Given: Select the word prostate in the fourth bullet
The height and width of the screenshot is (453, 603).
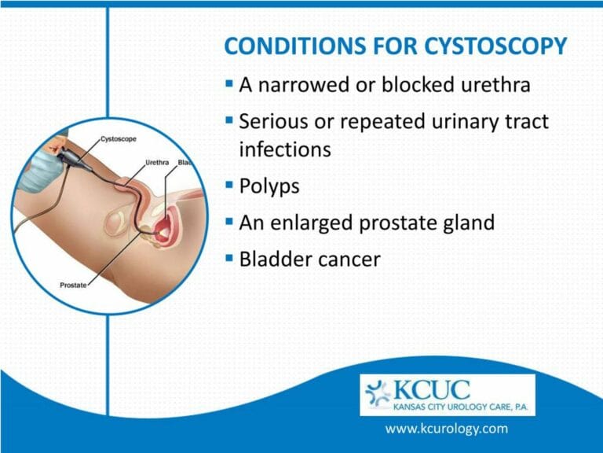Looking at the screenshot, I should pyautogui.click(x=402, y=223).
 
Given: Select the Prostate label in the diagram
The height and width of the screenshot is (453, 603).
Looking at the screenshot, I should pyautogui.click(x=74, y=284).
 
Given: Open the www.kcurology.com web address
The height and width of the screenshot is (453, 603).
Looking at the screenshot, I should pyautogui.click(x=446, y=429).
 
